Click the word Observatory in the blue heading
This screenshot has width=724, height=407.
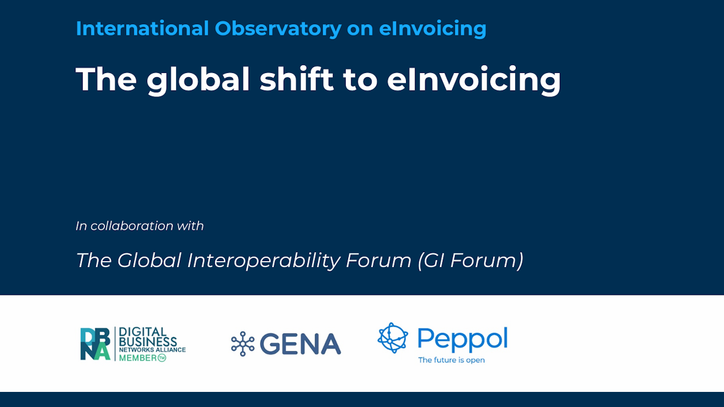[x=278, y=28]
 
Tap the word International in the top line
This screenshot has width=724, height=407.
[x=142, y=28]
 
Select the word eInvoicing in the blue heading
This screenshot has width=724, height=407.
[x=433, y=29]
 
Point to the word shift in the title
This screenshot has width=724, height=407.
[x=296, y=78]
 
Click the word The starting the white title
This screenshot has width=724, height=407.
[x=106, y=79]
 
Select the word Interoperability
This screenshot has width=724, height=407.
[x=264, y=261]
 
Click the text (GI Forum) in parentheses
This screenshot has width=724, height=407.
[x=470, y=260]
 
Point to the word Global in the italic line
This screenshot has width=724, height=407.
[x=149, y=260]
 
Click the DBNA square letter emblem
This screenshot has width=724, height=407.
[x=95, y=344]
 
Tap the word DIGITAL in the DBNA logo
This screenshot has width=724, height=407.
[x=142, y=332]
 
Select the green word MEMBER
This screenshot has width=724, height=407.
[x=138, y=358]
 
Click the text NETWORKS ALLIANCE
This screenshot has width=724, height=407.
[x=152, y=350]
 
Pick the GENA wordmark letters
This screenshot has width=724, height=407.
[x=300, y=344]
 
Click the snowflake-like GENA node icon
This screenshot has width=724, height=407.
[x=243, y=344]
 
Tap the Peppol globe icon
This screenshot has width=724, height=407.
[x=393, y=338]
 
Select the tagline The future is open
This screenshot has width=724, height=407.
[x=451, y=360]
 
